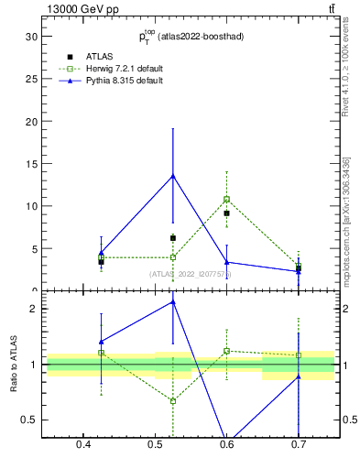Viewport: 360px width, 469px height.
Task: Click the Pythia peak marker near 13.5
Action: pos(173,176)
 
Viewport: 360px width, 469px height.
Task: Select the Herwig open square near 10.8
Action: pos(226,199)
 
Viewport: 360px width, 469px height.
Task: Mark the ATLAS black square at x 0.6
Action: pos(226,213)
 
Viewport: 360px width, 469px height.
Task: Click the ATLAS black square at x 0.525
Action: pos(173,238)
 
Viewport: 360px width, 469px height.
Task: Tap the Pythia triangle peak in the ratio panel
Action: pos(173,301)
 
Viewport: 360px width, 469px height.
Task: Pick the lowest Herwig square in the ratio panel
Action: pos(173,401)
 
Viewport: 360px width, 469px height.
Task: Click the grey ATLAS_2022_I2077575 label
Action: pos(191,274)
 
